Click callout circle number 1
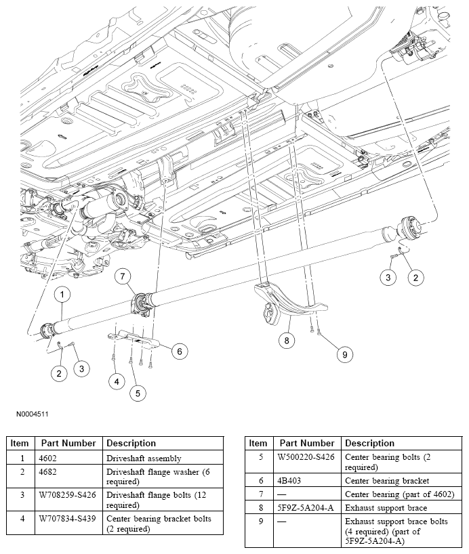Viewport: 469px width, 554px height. pos(62,295)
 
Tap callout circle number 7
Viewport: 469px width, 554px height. pos(123,276)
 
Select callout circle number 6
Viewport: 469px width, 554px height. pos(179,351)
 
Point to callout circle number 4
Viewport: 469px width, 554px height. pos(117,382)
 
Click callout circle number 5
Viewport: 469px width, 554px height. pos(138,392)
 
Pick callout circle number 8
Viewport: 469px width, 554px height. pos(287,341)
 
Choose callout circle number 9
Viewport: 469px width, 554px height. pos(344,354)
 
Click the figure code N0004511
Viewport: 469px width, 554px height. pos(28,414)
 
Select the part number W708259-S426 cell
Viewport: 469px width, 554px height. pos(65,496)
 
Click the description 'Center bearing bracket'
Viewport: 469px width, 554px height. pos(387,480)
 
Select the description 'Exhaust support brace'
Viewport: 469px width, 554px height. pos(386,506)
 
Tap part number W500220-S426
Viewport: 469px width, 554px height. pos(306,457)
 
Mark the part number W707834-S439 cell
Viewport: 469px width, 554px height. pos(65,519)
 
